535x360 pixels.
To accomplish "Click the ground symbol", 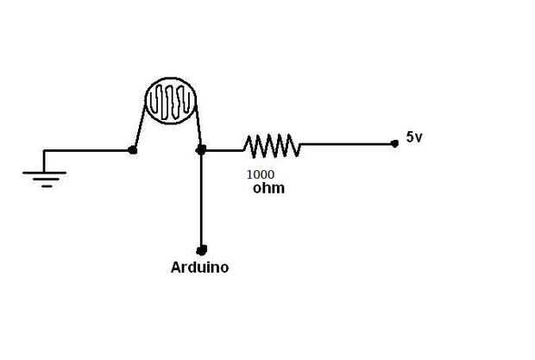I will tap(45, 176).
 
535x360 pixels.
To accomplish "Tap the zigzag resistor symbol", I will tap(272, 146).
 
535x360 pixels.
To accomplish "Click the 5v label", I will tap(414, 136).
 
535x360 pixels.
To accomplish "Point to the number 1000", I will tap(261, 174).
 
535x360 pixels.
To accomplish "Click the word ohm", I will tap(268, 187).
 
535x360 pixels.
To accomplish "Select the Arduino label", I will tap(199, 268).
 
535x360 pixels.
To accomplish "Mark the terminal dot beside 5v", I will tap(394, 143).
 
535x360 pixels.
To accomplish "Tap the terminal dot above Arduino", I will tap(201, 249).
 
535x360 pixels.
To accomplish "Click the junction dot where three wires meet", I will tap(201, 149).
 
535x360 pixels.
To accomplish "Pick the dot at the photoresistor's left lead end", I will tap(132, 149).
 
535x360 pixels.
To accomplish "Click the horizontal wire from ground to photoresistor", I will tap(86, 150).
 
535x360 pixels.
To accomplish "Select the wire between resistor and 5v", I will tap(345, 143).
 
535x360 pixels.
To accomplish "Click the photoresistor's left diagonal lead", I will tap(138, 125).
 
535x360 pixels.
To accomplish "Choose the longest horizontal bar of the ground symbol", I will tap(45, 173).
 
